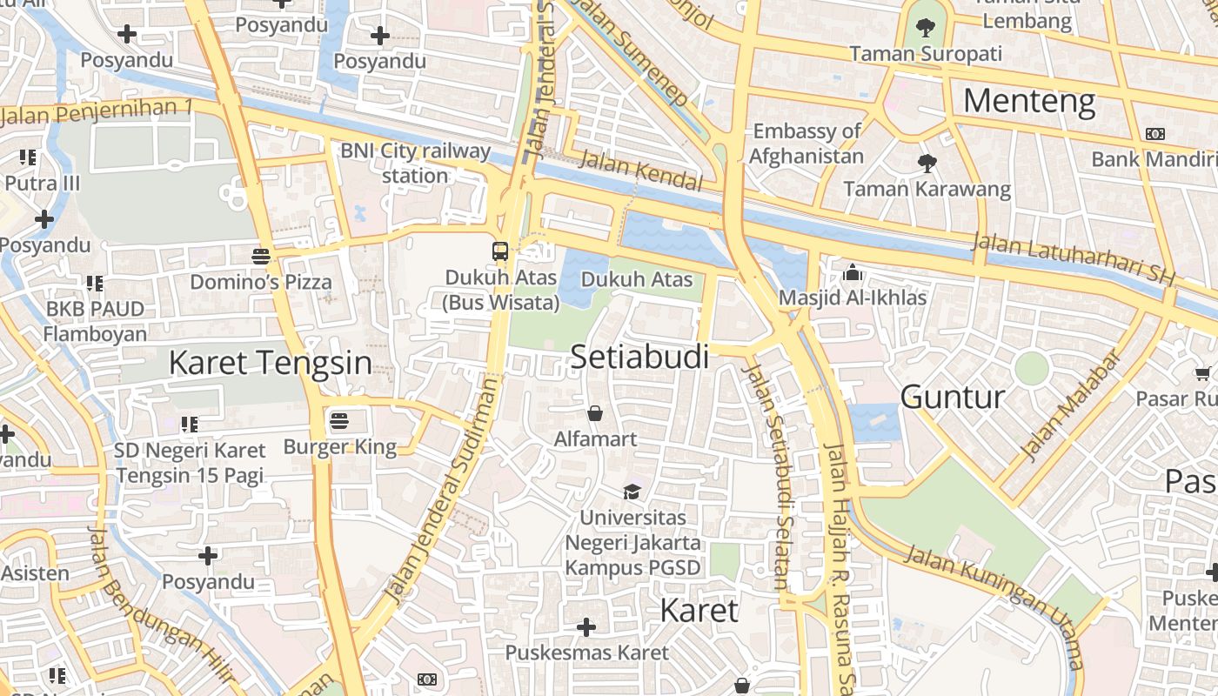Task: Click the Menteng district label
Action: tap(1028, 102)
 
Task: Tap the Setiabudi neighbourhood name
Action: tap(639, 357)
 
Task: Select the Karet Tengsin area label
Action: tap(270, 363)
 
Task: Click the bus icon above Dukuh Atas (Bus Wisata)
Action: tap(500, 251)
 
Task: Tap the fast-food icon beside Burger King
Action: tap(339, 422)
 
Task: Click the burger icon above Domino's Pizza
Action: tap(260, 256)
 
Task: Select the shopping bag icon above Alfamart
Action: tap(595, 412)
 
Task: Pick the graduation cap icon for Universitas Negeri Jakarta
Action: tap(632, 492)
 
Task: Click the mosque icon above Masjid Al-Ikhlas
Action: tap(853, 273)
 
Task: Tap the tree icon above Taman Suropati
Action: tap(926, 28)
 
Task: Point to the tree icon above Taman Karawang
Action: tap(927, 163)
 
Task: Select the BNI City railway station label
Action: tap(415, 163)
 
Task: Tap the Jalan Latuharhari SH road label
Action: tap(1074, 259)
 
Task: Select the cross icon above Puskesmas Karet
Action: tap(586, 626)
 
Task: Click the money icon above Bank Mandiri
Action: tap(1155, 134)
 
